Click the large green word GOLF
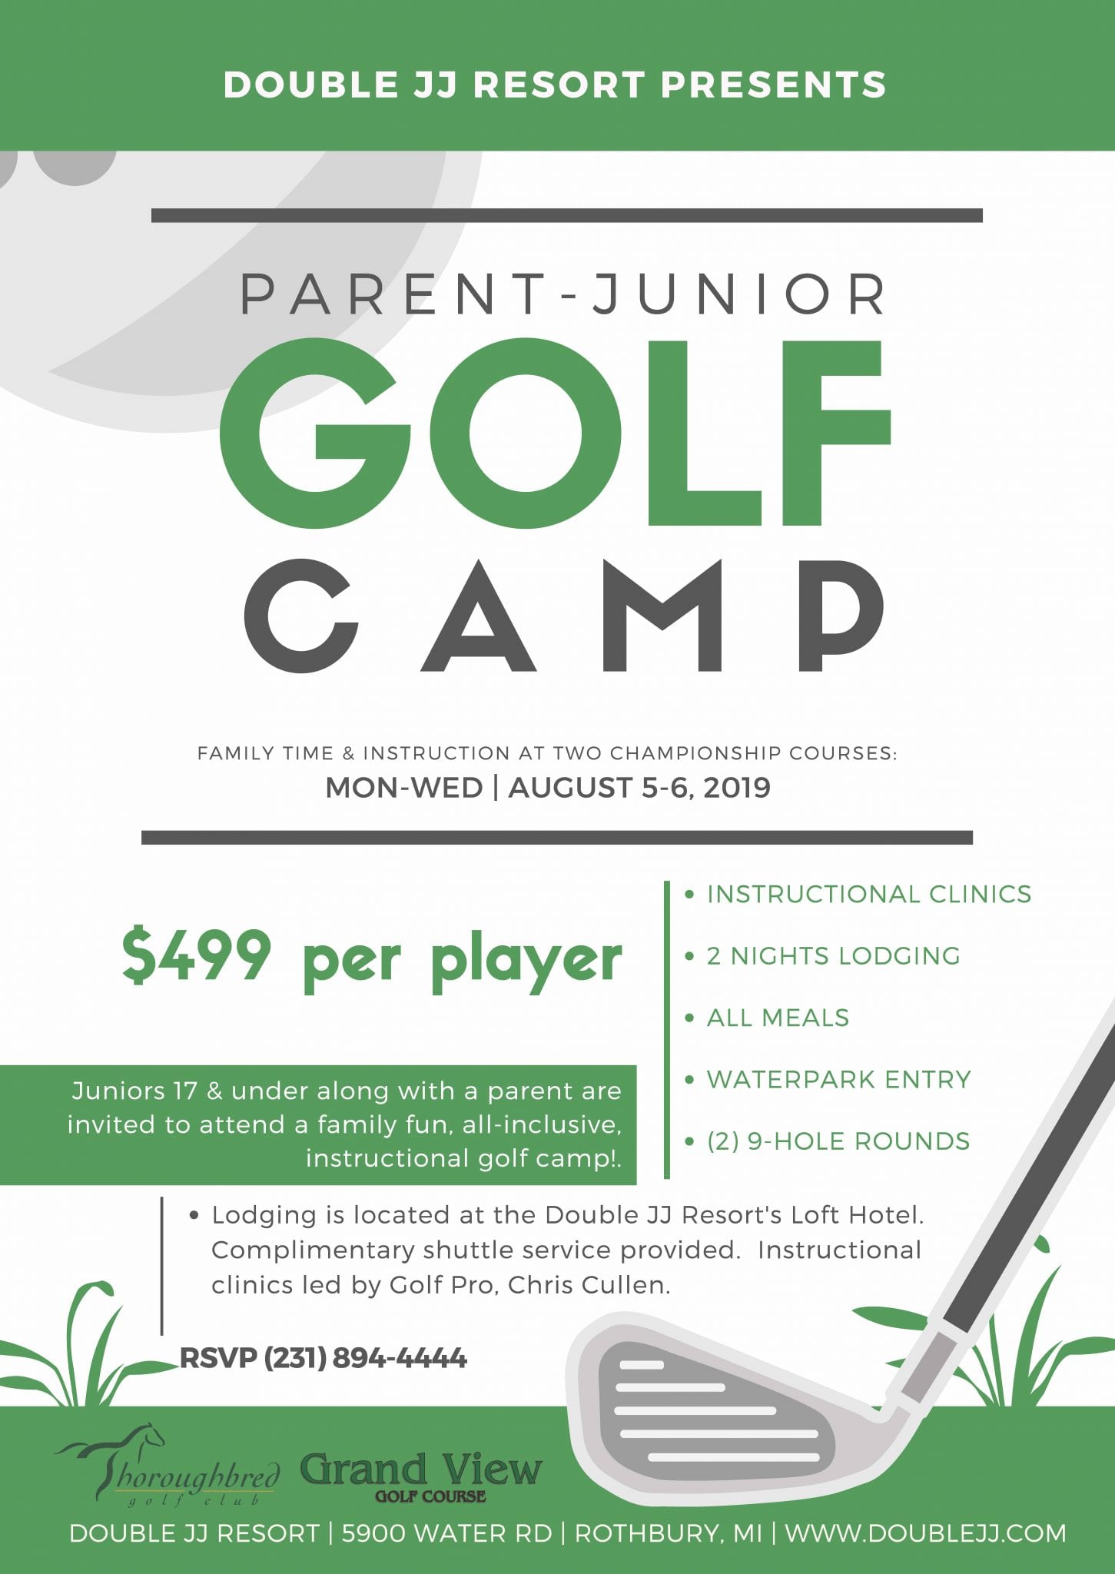(x=555, y=434)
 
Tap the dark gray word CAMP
(x=565, y=616)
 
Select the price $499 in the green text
(x=197, y=955)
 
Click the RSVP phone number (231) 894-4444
(x=365, y=1358)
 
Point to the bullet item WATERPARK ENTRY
(x=838, y=1079)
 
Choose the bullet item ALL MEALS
(x=778, y=1018)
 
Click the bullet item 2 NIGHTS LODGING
(x=833, y=955)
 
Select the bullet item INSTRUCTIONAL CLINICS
(x=868, y=894)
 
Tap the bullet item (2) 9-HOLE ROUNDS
(x=838, y=1141)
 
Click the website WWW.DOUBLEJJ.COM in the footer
(x=925, y=1533)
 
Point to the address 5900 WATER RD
(x=446, y=1533)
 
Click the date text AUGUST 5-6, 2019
(x=639, y=788)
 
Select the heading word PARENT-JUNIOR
(x=565, y=294)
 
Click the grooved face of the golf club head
(x=715, y=1411)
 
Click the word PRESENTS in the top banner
(x=774, y=85)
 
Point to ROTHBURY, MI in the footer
(x=669, y=1533)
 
